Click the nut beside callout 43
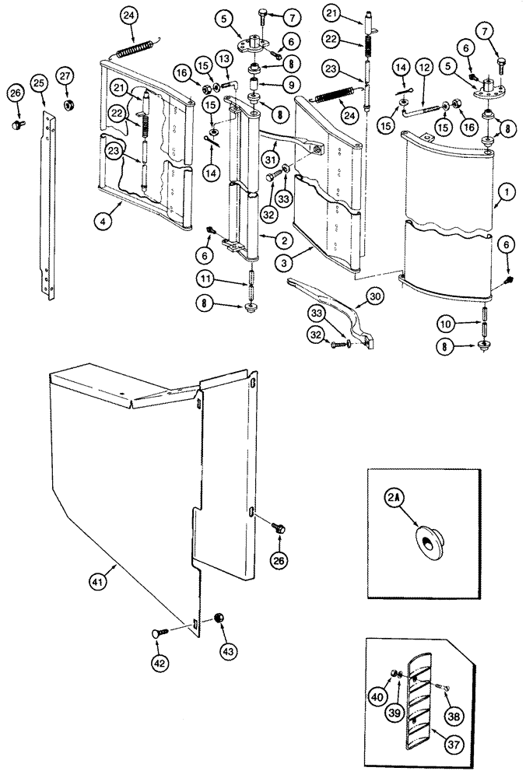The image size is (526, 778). coord(218,617)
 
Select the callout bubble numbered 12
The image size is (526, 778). coord(425,71)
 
